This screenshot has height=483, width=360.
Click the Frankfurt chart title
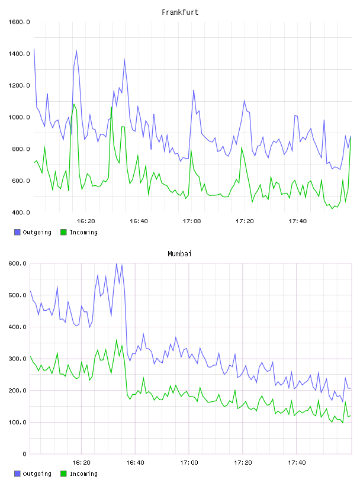[x=180, y=12]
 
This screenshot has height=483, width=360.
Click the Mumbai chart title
[x=179, y=253]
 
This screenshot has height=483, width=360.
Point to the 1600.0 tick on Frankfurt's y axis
[x=19, y=22]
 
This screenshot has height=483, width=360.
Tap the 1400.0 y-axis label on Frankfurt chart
[x=19, y=54]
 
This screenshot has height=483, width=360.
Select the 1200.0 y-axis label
[x=19, y=85]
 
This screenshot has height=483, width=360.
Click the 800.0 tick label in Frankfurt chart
[x=21, y=149]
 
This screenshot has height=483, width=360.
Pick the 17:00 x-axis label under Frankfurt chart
[x=192, y=221]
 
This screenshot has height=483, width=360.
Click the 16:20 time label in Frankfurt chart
[x=86, y=221]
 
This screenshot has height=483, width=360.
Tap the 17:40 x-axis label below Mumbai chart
[x=297, y=462]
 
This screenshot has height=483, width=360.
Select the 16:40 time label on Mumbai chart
[x=136, y=462]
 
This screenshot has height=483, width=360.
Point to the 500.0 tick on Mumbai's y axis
[x=18, y=295]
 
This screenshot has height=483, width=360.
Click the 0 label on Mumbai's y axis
[x=25, y=454]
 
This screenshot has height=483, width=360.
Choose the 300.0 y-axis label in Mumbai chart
[x=18, y=359]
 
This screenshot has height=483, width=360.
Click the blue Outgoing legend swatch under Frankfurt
[x=17, y=232]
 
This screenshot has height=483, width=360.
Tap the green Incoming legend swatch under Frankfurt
[x=63, y=232]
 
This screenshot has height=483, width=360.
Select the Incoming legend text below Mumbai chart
[x=83, y=474]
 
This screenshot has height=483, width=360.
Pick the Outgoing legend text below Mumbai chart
[x=37, y=474]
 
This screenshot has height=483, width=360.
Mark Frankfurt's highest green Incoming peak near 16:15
[x=74, y=104]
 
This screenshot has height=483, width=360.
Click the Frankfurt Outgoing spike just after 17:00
[x=194, y=90]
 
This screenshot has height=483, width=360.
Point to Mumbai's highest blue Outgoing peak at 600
[x=117, y=264]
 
